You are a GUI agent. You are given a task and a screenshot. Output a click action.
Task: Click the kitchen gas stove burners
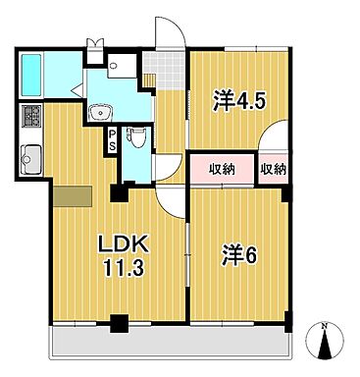(29, 116)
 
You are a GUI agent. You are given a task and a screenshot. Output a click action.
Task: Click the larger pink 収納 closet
(223, 169)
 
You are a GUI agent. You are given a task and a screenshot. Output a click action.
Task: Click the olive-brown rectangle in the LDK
(72, 195)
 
